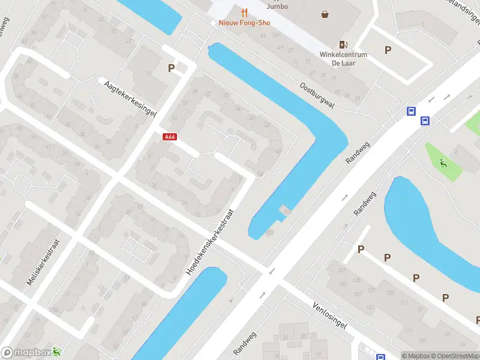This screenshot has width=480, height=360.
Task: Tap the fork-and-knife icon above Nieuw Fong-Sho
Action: [x=244, y=12]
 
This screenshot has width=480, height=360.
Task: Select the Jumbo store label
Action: [x=277, y=7]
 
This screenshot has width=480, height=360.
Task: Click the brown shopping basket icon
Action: [x=325, y=14]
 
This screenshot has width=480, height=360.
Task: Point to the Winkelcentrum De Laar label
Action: [x=343, y=58]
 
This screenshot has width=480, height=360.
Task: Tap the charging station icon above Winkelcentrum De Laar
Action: [x=343, y=44]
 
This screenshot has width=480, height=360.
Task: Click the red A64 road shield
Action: [x=170, y=137]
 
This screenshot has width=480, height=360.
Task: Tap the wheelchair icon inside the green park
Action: [x=443, y=162]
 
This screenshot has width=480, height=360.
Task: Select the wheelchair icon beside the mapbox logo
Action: [x=56, y=352]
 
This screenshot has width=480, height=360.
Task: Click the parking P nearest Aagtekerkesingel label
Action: [x=172, y=68]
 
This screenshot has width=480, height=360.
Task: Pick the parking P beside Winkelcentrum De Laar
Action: [x=388, y=50]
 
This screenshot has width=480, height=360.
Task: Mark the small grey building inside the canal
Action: [x=284, y=210]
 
